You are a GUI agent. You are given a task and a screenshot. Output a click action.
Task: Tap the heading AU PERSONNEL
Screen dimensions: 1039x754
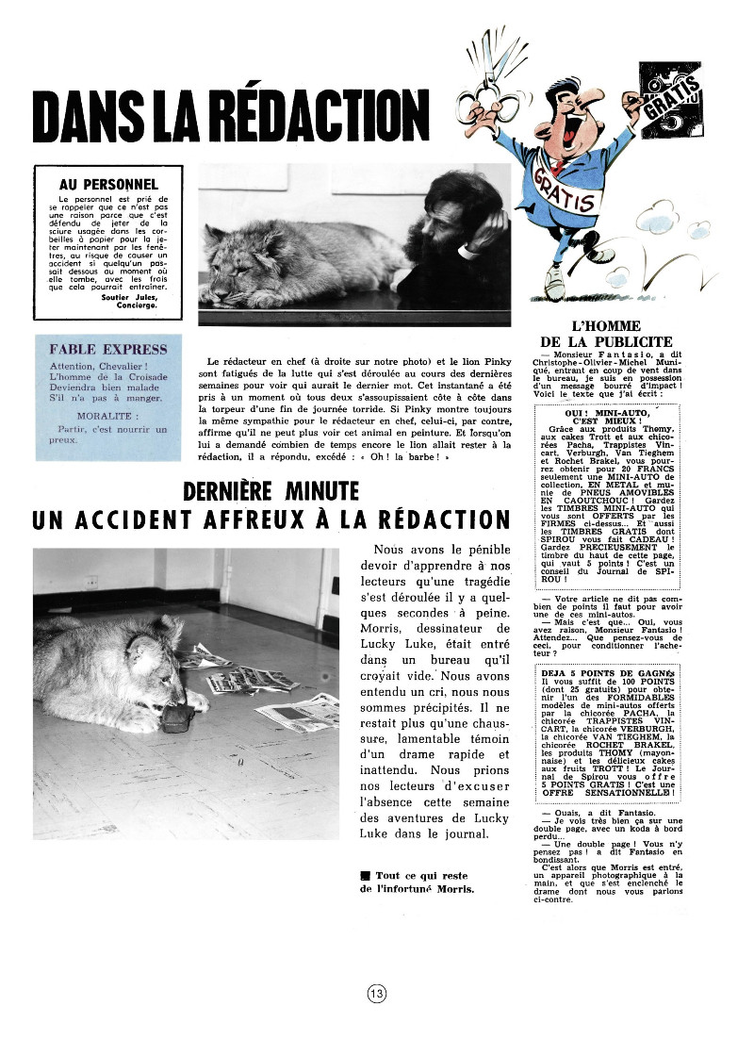point(108,185)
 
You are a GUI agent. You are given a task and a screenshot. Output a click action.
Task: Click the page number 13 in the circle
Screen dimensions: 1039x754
point(376,993)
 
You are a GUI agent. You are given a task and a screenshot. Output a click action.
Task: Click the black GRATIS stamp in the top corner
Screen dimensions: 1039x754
point(672,95)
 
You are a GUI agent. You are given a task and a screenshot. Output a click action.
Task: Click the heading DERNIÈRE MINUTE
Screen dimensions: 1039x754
point(270,491)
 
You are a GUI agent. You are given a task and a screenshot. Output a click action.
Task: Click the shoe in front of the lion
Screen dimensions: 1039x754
point(176,720)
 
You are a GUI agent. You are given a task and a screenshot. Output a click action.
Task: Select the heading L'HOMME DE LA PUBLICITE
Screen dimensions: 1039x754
point(606,334)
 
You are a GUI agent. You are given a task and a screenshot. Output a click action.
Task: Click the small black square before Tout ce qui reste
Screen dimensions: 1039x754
point(364,876)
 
